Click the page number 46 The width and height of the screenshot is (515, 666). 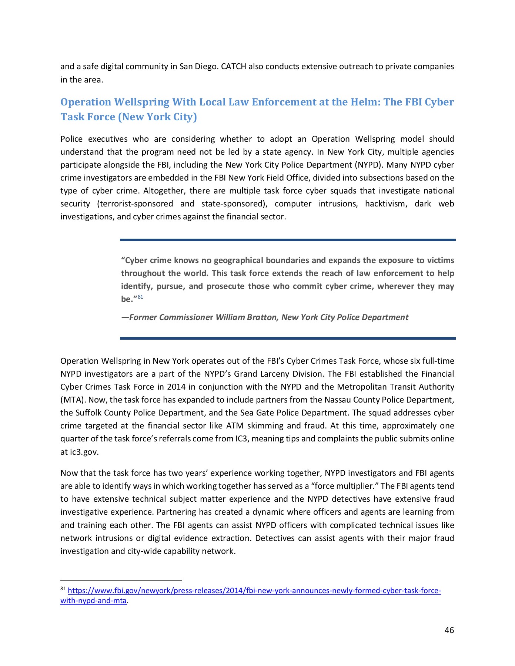click(449, 630)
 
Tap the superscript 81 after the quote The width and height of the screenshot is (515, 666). click(140, 297)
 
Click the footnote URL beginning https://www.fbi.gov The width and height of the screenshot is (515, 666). click(254, 591)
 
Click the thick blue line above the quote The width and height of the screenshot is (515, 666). click(287, 240)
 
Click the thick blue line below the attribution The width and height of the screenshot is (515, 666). click(287, 338)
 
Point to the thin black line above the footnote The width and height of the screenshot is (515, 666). click(121, 580)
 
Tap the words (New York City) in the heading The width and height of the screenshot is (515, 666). click(157, 117)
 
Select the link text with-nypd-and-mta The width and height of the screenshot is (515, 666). click(93, 601)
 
